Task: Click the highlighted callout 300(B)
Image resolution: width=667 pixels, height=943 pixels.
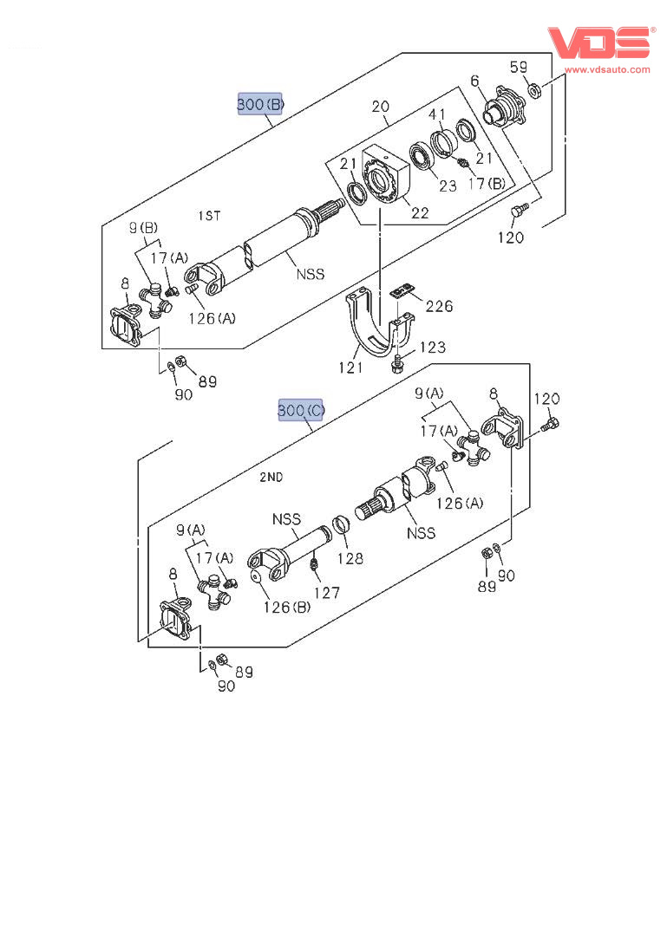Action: tap(260, 104)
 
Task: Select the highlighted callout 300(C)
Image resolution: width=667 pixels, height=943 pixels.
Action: tap(300, 410)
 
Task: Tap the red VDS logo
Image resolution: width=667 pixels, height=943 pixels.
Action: tap(598, 42)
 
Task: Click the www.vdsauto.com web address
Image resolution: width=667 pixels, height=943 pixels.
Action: tap(607, 69)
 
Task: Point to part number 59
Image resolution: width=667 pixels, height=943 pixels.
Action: tap(519, 68)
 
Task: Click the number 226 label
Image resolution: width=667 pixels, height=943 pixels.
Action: tap(439, 306)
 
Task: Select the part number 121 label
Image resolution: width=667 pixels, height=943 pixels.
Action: tap(351, 367)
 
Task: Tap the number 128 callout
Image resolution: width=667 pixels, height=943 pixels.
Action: tap(350, 559)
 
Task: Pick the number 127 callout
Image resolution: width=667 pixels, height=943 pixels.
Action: tap(326, 593)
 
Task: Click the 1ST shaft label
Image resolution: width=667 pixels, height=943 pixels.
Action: tap(210, 215)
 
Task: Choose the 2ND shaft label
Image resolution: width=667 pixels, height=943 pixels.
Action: tap(271, 477)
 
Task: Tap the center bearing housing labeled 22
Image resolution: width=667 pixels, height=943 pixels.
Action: tap(384, 177)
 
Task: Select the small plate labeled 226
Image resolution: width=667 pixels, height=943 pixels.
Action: tap(402, 291)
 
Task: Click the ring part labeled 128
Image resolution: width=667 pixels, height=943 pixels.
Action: tap(342, 524)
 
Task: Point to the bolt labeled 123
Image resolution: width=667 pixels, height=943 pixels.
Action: tap(396, 363)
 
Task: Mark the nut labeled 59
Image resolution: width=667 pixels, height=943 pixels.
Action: tap(534, 91)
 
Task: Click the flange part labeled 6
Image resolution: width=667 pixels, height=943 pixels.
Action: tap(506, 107)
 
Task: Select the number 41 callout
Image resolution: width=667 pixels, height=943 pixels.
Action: tap(437, 115)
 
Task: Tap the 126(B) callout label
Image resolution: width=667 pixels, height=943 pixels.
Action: tap(286, 608)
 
